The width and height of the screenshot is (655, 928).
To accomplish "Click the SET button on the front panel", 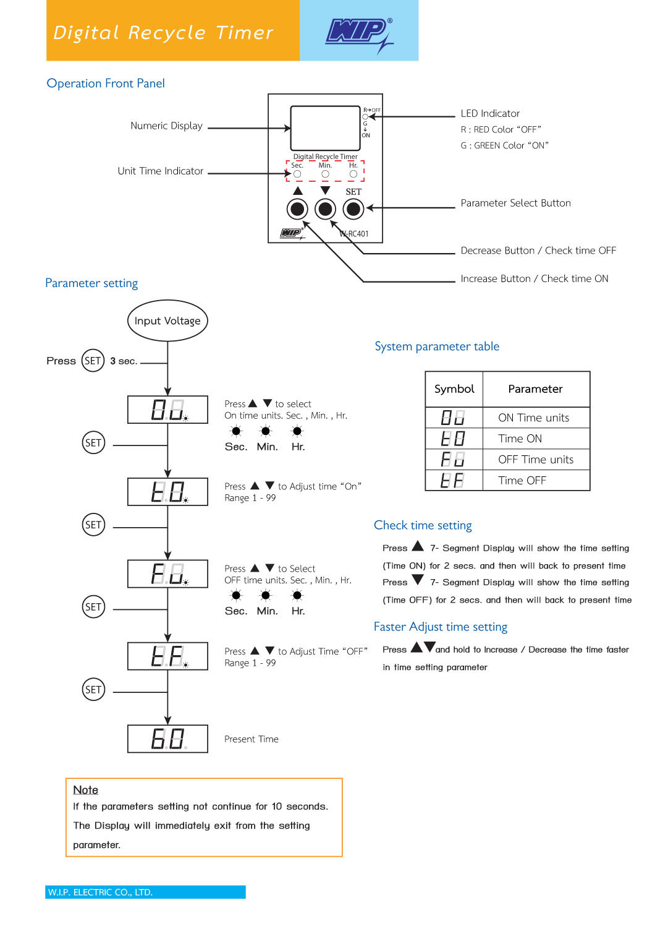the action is [x=353, y=209].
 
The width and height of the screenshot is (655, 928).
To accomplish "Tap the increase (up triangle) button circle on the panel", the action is [x=297, y=209].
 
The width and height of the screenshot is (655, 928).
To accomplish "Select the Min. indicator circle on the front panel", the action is [x=325, y=174].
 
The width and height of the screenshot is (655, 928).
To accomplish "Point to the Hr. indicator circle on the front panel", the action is [x=353, y=174].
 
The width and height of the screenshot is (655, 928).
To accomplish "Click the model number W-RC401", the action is [x=354, y=234].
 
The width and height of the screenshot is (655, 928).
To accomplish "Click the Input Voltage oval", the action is [x=167, y=320].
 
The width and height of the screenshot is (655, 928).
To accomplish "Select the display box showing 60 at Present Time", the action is [x=167, y=739].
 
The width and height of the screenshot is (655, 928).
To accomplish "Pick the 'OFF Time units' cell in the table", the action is [x=535, y=460].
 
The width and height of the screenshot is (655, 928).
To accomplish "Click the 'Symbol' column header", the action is [x=454, y=389].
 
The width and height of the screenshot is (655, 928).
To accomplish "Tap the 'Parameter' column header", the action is [x=535, y=389].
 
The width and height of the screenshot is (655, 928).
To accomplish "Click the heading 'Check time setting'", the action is [x=423, y=525].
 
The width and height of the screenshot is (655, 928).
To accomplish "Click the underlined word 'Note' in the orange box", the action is [x=86, y=789].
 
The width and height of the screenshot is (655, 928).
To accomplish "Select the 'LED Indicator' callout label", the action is [x=490, y=113].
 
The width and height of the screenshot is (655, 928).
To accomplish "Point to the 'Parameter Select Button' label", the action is [x=515, y=203].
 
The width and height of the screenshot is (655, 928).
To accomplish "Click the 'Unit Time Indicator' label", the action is [x=160, y=171].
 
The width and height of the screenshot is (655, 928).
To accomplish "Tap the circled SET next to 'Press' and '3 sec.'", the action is [x=93, y=361].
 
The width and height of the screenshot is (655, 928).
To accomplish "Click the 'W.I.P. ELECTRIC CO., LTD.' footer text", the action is [x=100, y=892].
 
